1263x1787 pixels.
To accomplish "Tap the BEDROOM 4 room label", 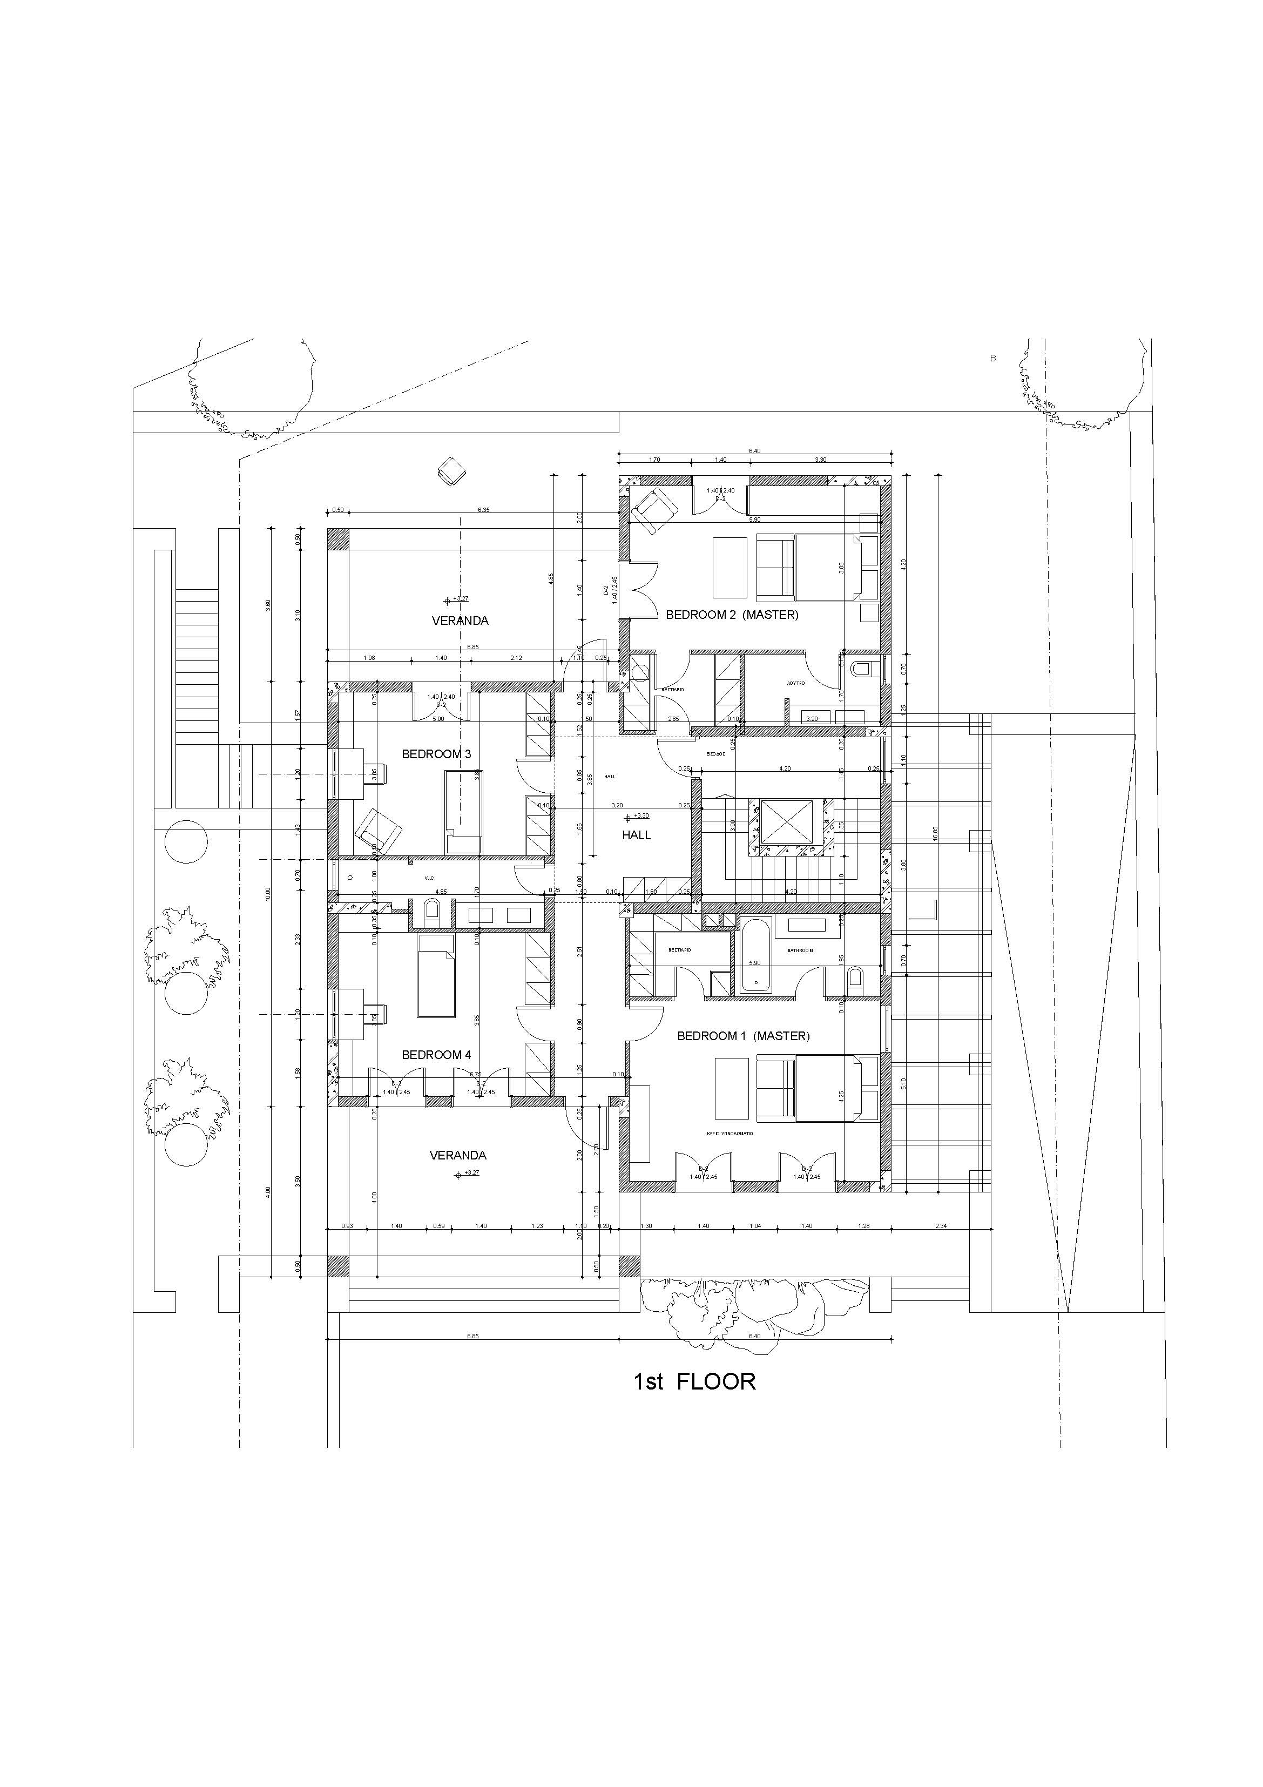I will pos(436,1055).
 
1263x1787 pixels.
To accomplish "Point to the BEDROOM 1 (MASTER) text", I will pos(743,1036).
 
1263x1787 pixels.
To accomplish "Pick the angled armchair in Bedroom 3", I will pos(378,831).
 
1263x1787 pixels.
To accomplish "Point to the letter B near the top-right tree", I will pos(992,358).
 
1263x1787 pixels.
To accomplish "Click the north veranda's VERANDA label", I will pos(460,621).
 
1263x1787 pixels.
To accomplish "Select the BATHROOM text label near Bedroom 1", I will pos(800,950).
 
